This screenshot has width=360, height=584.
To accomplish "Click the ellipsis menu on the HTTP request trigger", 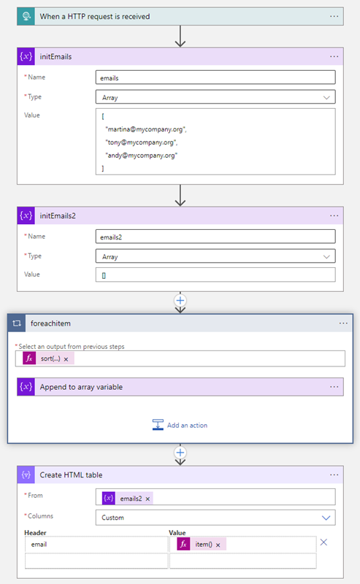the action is point(334,16).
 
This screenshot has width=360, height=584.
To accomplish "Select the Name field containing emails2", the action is point(215,237).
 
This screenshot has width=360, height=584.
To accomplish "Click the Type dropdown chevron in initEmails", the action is point(326,98).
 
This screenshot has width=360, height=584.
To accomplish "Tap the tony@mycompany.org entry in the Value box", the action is point(142,142).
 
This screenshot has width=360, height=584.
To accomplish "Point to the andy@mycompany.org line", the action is point(142,155).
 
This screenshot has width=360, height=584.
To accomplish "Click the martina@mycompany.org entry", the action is point(146,129).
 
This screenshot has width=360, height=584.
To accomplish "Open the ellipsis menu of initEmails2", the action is point(334,215).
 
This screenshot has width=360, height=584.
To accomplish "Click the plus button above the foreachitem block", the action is point(180,301).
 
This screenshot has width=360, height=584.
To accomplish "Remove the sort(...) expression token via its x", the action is point(66,359).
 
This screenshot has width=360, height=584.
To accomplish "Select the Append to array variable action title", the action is point(81,387).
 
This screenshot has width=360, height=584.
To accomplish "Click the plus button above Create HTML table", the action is point(180,453).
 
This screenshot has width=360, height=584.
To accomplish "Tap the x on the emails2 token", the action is point(148,499).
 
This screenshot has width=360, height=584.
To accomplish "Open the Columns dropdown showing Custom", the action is point(215,518).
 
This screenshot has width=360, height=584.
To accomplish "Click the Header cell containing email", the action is point(96,544).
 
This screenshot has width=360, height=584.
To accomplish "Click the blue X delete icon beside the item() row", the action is point(323,542).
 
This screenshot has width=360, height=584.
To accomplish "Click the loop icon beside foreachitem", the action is point(17,323).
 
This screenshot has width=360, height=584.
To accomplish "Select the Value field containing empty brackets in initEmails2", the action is point(215,275).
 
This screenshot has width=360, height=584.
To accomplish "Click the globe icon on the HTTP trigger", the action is point(26,16).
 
